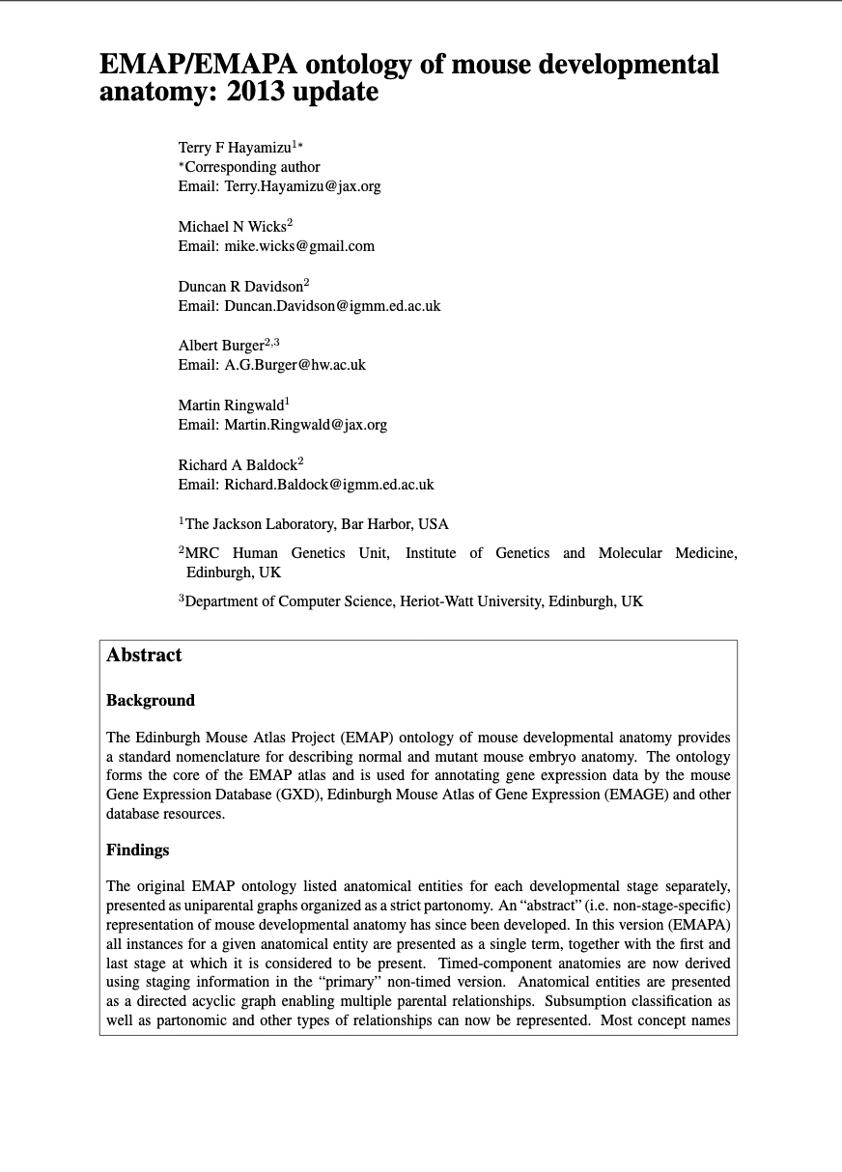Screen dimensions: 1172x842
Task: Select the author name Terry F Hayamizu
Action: (x=235, y=148)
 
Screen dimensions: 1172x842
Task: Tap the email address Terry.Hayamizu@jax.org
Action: (x=302, y=186)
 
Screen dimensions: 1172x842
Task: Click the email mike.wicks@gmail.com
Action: (x=299, y=246)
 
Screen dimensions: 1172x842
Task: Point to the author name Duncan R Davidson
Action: (x=240, y=287)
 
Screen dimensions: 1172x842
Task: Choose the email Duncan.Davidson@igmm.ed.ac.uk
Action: (x=332, y=306)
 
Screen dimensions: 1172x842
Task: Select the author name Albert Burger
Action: (x=221, y=346)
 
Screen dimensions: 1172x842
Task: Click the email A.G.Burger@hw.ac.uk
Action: (x=295, y=365)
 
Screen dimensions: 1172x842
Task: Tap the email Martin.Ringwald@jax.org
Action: (x=305, y=425)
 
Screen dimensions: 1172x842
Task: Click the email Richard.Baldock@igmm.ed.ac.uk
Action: (x=329, y=485)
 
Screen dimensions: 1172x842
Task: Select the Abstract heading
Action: (x=144, y=656)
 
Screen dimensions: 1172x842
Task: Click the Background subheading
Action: (x=151, y=701)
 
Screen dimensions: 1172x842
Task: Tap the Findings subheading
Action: (x=137, y=851)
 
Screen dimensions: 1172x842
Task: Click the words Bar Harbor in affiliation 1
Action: (x=377, y=524)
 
